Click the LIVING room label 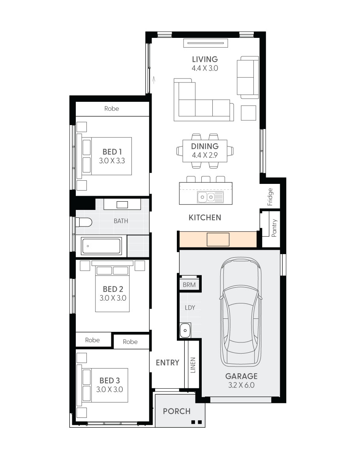[205, 59]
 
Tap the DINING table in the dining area [205, 151]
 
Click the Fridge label [270, 197]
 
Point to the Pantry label [274, 228]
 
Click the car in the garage [241, 312]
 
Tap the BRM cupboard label [189, 285]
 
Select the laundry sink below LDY [185, 330]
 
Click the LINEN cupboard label [193, 365]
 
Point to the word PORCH [177, 411]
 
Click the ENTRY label [167, 363]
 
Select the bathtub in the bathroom [101, 246]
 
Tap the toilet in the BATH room [84, 222]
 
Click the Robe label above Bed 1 [112, 109]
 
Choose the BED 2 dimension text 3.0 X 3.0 [113, 298]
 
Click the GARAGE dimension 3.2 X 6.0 [241, 385]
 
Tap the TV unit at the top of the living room [206, 43]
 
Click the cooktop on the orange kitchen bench [218, 240]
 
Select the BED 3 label [110, 380]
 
